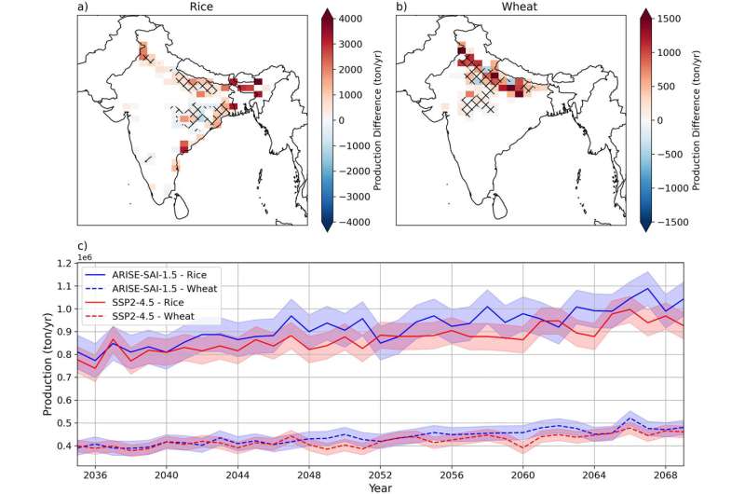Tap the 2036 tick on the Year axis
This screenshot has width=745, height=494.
95,474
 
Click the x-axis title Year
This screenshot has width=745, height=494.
380,487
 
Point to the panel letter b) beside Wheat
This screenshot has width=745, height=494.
402,8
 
